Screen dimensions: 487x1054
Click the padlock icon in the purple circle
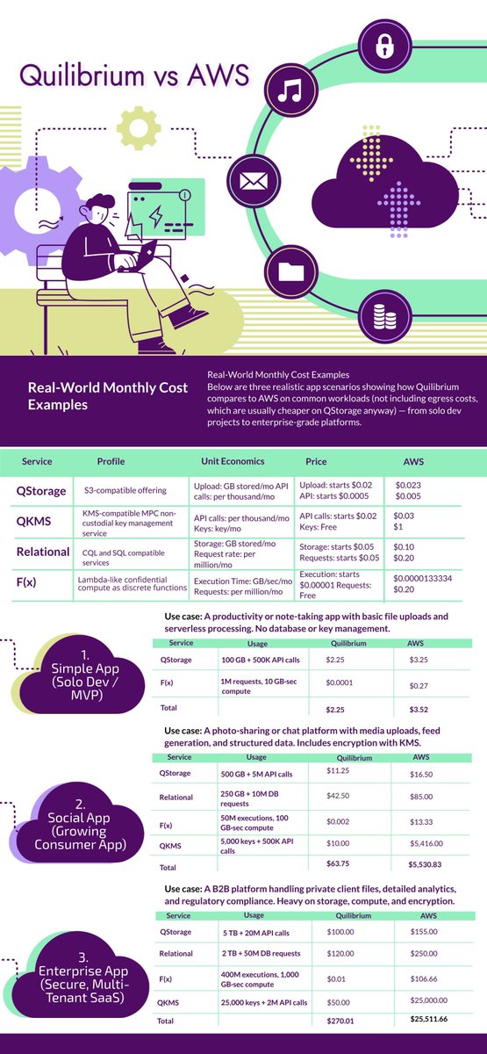(383, 46)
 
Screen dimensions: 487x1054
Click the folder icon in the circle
(289, 271)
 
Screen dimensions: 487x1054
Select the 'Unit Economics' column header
(230, 461)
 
